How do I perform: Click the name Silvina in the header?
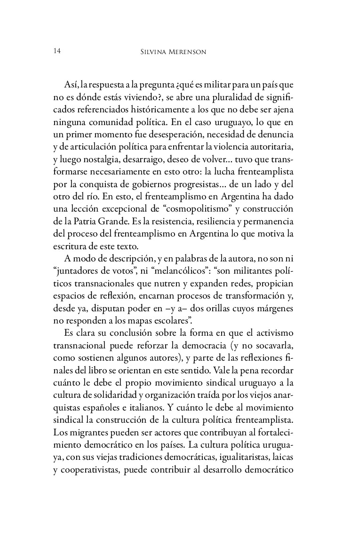click(x=160, y=52)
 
